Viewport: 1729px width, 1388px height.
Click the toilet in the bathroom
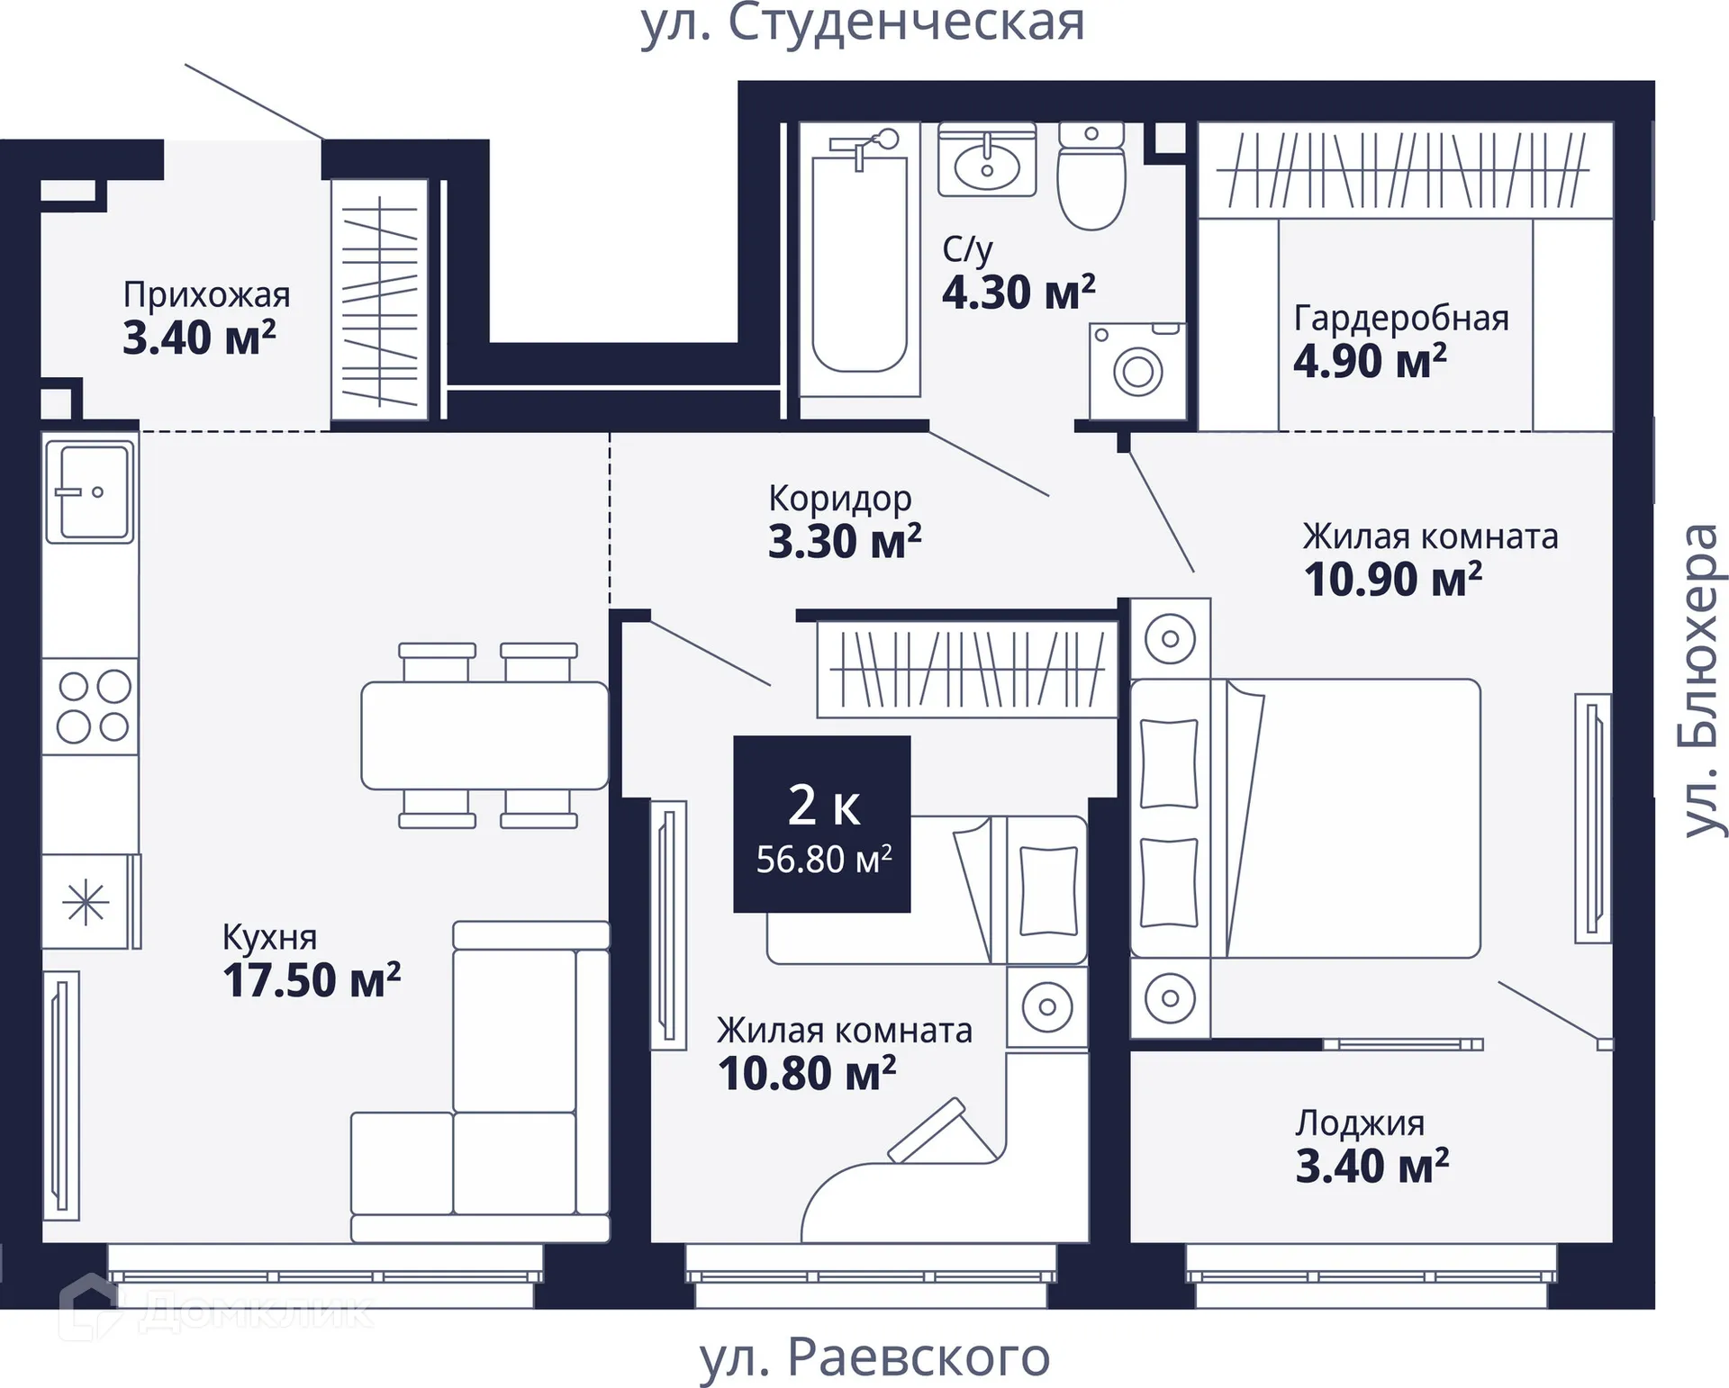1091,176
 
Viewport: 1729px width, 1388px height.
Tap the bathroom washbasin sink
987,160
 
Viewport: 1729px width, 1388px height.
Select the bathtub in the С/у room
860,260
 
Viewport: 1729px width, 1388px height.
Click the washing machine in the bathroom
1137,371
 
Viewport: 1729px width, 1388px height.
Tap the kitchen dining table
484,735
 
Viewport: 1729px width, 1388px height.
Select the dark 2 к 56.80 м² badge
822,824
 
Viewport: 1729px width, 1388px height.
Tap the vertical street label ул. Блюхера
1702,680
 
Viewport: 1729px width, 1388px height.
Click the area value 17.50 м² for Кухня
312,980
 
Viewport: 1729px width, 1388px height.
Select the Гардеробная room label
1401,318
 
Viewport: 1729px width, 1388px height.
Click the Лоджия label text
1360,1123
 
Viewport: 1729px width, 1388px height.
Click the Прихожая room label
207,294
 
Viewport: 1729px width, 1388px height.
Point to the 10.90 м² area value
1393,579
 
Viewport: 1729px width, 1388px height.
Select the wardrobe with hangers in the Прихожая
379,300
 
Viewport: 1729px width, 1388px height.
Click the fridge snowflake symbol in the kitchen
86,902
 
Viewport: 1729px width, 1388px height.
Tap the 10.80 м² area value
807,1073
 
